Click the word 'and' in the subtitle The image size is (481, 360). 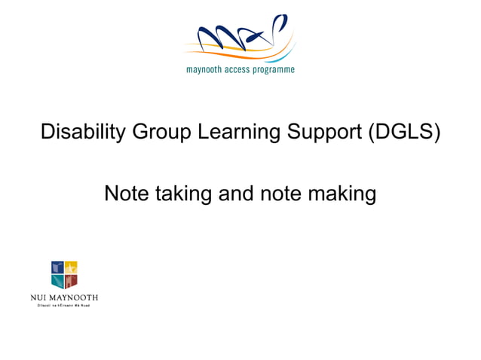click(x=236, y=194)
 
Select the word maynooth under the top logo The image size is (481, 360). click(x=205, y=70)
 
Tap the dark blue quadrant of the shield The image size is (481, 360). click(x=58, y=267)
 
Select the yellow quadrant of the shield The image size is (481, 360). click(x=72, y=267)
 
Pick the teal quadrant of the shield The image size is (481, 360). click(x=58, y=281)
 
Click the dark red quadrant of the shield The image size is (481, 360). click(x=72, y=281)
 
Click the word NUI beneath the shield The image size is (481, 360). click(x=40, y=297)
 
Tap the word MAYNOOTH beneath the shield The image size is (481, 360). click(x=74, y=297)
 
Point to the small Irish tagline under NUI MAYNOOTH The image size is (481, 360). click(x=64, y=305)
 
